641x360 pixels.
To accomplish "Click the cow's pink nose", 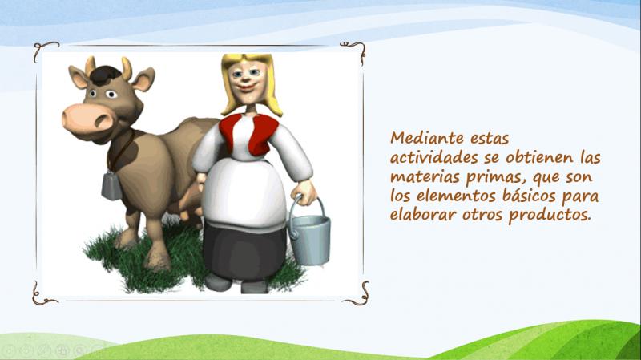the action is (88, 119).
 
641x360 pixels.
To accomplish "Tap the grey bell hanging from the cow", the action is (111, 186).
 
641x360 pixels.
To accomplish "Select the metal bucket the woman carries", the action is (309, 233).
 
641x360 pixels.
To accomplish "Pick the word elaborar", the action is (423, 214).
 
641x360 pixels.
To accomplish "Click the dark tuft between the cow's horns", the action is (106, 76).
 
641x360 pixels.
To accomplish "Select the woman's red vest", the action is (249, 134).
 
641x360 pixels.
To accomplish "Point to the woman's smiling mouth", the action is (246, 87).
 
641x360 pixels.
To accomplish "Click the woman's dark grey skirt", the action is (244, 252).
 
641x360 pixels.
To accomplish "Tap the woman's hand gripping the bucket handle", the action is (305, 192).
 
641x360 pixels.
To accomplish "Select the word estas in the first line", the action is (490, 138).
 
